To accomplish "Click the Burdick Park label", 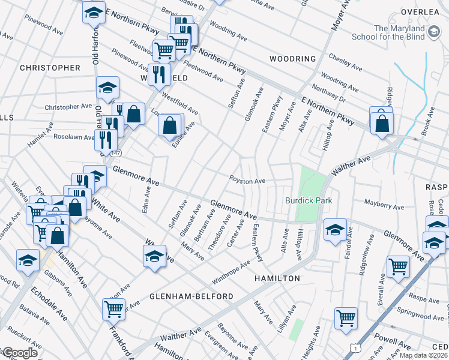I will click(309, 200).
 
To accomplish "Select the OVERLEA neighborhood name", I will click(421, 11).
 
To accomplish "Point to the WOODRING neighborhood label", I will click(292, 59).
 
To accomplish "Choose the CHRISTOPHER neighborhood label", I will click(50, 68).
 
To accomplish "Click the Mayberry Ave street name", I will click(384, 205).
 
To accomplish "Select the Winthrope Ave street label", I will click(231, 274).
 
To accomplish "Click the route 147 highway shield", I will click(116, 153).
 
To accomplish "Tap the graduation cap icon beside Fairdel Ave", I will click(335, 229).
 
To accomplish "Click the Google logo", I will click(20, 353).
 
